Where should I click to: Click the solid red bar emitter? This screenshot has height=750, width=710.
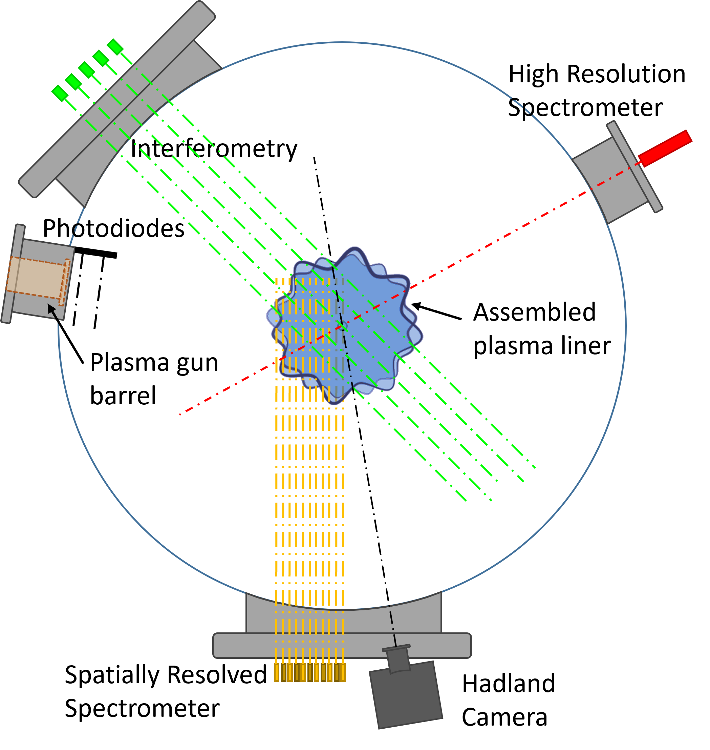[665, 148]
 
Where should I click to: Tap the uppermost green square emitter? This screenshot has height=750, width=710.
[115, 46]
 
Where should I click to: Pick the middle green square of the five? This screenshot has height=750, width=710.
[87, 70]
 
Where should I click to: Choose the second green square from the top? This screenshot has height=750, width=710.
[101, 58]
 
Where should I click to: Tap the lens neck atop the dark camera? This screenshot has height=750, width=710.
[398, 660]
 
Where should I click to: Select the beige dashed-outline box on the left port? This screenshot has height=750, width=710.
[36, 279]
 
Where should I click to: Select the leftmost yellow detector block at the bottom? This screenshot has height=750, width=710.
[277, 672]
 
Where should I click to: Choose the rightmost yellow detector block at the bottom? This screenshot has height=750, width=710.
[343, 672]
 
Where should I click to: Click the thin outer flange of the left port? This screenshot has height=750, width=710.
[13, 273]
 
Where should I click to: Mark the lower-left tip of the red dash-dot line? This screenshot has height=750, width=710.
[180, 414]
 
